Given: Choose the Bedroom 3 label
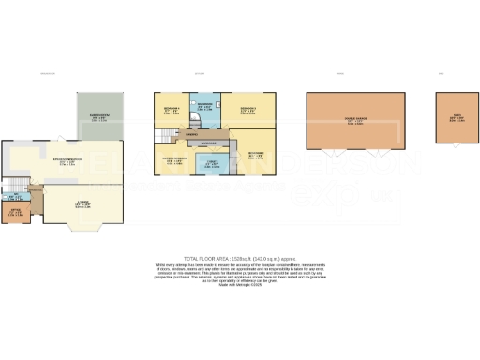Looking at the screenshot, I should (247, 111).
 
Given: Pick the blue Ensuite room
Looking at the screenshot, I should (212, 166).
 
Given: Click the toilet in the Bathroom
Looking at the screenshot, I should (198, 98).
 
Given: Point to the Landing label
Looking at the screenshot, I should (191, 135).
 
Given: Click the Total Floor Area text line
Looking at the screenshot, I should (239, 257).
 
